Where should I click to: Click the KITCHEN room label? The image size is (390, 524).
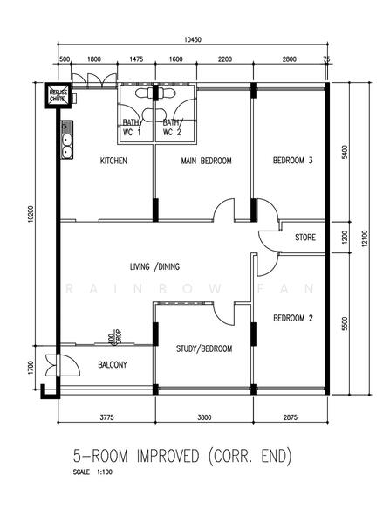tap(113, 161)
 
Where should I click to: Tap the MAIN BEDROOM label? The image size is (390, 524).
tap(207, 161)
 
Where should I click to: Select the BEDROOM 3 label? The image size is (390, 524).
tap(293, 161)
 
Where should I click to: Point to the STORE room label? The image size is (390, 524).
tap(305, 238)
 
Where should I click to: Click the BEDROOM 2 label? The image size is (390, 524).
tap(293, 318)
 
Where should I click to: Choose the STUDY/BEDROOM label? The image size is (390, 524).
tap(204, 348)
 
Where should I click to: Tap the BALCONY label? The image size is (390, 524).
tap(113, 364)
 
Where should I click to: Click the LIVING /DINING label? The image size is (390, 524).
tap(154, 266)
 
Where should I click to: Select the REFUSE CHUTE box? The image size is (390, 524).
tap(58, 95)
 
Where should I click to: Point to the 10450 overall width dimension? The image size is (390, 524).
tap(193, 40)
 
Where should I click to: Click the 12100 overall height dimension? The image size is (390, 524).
tap(365, 238)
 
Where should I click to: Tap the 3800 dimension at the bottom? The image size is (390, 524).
tap(204, 417)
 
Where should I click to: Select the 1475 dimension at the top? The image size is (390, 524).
tap(136, 59)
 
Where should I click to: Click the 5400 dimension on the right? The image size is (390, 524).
tap(345, 152)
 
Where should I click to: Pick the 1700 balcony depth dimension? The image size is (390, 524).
tap(31, 368)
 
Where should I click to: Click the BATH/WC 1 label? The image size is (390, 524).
tap(132, 128)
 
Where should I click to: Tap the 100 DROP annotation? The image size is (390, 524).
tap(114, 337)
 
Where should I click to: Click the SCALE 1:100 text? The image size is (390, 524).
tap(92, 472)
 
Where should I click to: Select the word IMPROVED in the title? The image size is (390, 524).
tap(168, 456)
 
